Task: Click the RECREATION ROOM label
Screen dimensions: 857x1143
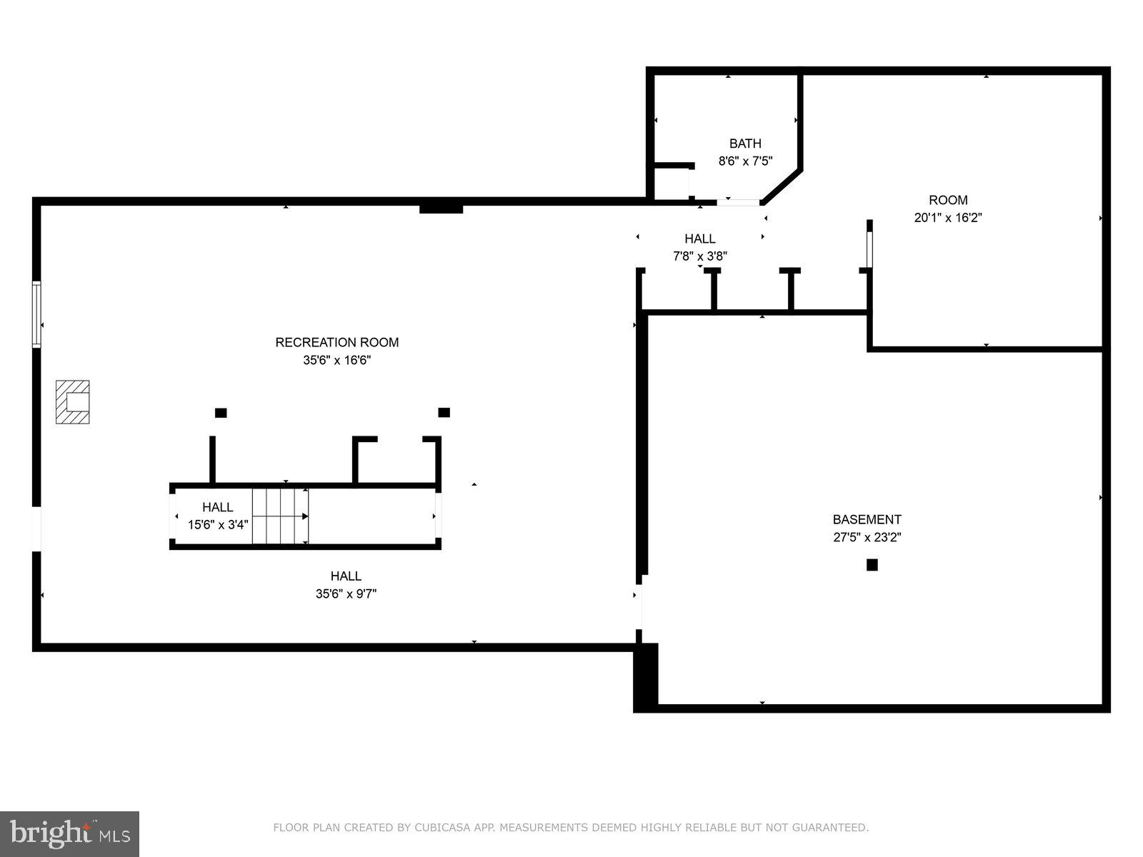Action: (337, 343)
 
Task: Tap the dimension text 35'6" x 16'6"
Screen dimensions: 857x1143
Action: (337, 361)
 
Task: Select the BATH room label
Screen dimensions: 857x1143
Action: (745, 144)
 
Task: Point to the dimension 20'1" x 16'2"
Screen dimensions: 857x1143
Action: (948, 218)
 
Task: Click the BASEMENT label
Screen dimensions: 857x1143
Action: (867, 520)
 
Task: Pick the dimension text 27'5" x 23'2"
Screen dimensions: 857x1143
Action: (867, 538)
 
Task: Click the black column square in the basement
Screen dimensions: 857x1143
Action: (872, 565)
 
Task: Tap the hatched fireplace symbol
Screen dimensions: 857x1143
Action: (73, 402)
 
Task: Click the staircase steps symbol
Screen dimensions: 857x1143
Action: (280, 516)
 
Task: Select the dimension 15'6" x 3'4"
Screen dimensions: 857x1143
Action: (218, 525)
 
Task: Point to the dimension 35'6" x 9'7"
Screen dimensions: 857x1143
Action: (346, 593)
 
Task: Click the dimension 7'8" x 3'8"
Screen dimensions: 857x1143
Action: (700, 256)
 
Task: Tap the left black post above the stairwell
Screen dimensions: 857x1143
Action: (221, 413)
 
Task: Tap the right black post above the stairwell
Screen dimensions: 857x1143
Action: (444, 412)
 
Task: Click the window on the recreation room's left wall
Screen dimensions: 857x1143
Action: (36, 314)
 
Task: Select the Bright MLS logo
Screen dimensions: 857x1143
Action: (69, 833)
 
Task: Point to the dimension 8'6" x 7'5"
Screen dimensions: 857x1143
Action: (745, 161)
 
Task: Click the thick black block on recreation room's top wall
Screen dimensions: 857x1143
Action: (441, 208)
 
